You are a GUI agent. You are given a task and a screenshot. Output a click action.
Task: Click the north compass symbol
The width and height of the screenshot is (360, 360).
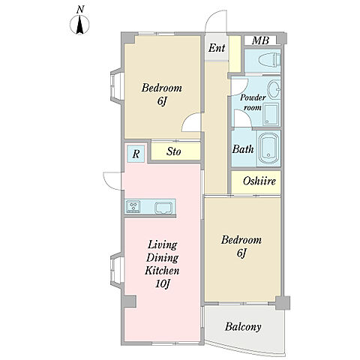click(79, 25)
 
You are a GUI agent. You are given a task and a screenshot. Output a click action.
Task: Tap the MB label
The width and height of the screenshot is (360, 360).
click(260, 40)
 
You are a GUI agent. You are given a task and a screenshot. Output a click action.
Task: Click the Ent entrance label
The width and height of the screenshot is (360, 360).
click(217, 48)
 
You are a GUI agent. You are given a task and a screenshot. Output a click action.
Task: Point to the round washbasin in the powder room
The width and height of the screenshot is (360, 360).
click(274, 89)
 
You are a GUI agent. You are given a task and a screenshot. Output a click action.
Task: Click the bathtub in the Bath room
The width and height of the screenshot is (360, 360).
click(268, 148)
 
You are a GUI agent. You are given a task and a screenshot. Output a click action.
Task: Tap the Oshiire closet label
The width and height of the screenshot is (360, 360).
click(259, 181)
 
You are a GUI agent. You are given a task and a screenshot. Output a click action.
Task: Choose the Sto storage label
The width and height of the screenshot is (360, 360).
click(173, 151)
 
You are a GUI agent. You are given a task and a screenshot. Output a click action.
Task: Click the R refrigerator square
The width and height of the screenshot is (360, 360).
click(136, 154)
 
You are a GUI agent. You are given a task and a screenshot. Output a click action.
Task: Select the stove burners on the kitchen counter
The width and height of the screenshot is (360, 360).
click(133, 207)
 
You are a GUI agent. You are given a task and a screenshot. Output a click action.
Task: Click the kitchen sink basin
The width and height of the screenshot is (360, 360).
click(163, 208)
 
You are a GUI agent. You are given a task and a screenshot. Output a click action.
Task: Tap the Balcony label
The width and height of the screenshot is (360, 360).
click(243, 326)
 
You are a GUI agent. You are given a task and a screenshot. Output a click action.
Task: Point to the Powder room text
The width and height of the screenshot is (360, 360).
click(253, 103)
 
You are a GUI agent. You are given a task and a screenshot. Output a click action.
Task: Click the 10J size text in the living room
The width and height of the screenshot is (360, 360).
click(163, 283)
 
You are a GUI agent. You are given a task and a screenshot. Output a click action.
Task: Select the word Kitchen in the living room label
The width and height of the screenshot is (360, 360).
click(162, 271)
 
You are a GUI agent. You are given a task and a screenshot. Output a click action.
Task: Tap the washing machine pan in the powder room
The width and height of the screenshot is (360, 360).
click(271, 115)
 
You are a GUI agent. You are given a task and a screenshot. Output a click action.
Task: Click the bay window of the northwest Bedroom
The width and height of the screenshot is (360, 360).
click(116, 85)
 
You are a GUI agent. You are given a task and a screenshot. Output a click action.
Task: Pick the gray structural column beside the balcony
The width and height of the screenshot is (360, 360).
click(283, 303)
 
